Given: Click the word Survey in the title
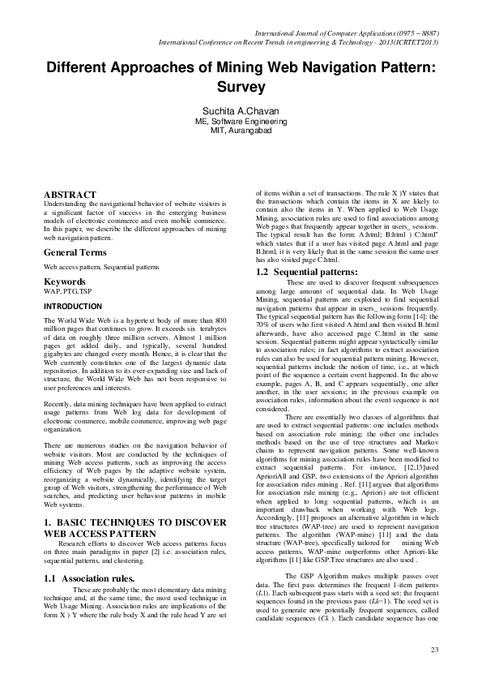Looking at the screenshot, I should (241, 84).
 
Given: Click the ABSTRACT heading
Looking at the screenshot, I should (70, 194).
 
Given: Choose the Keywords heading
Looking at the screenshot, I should (65, 281).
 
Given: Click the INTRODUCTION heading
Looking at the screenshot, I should (73, 307).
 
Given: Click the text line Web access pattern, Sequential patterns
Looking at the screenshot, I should (90, 265).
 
